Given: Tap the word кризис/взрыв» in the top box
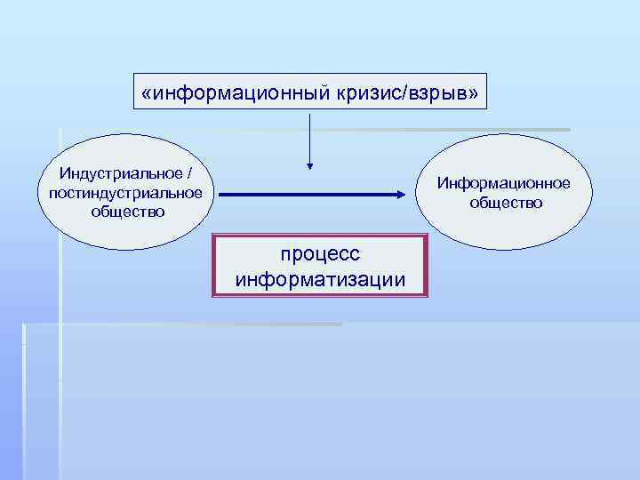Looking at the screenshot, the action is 415,92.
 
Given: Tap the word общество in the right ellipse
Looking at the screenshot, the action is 506,203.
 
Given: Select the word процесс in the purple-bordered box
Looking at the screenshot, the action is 320,254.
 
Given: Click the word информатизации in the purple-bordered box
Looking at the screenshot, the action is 320,280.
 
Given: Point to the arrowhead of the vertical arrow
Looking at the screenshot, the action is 309,164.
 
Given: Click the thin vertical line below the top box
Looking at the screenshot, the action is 309,133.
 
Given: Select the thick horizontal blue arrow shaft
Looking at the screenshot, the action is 302,193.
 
